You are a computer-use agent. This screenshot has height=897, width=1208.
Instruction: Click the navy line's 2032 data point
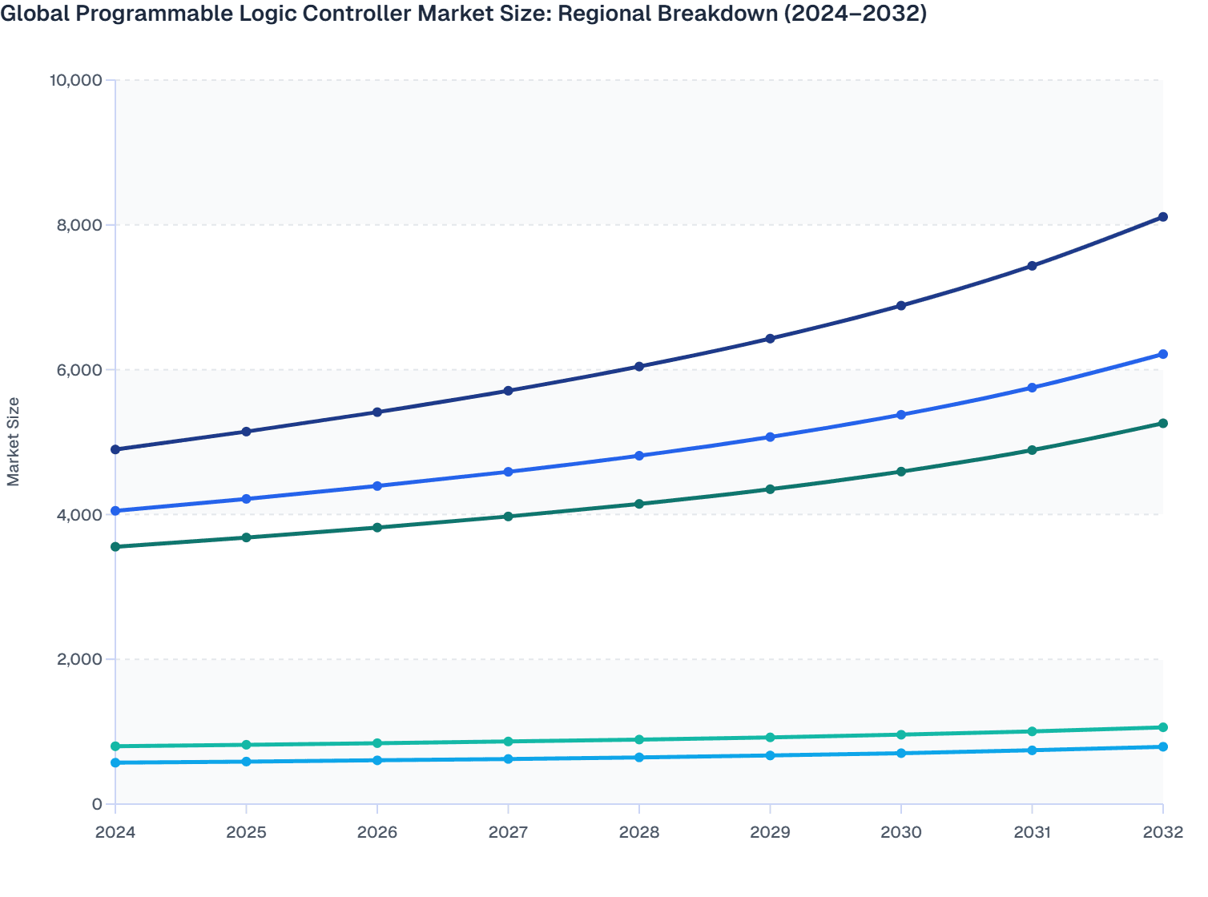point(1162,217)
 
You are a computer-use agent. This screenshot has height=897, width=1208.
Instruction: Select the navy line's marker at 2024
point(115,449)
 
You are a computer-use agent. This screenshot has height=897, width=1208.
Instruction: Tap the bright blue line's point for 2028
point(639,456)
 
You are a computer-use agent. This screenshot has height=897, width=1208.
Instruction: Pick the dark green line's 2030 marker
point(901,472)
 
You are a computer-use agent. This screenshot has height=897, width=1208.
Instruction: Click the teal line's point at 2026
point(377,743)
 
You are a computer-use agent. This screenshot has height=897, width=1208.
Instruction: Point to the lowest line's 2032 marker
point(1162,746)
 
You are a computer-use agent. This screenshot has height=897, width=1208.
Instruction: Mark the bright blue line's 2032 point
point(1162,354)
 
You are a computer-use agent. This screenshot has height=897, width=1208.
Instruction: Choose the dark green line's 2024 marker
point(115,547)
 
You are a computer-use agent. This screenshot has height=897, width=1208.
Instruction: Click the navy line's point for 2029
point(770,339)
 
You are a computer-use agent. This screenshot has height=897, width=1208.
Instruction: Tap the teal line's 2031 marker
point(1032,731)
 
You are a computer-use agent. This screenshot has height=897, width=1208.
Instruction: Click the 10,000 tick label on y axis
point(75,80)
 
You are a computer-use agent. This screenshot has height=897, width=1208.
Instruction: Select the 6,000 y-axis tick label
point(79,370)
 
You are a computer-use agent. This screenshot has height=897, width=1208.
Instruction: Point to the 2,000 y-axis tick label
point(79,659)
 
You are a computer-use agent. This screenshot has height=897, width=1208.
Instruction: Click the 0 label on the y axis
point(97,804)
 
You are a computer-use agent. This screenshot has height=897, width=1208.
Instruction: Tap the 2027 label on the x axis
point(508,832)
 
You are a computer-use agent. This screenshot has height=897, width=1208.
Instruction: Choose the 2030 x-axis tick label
point(901,832)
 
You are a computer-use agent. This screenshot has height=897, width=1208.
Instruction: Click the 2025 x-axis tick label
point(246,832)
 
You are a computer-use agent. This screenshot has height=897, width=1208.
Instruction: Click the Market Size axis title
point(13,441)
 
